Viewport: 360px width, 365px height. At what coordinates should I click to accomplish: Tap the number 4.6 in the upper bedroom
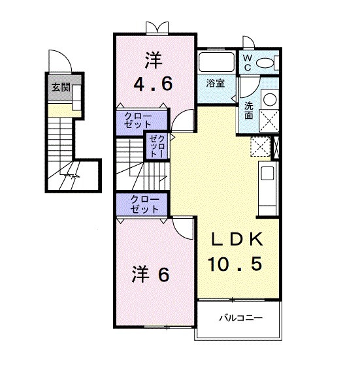click(154, 84)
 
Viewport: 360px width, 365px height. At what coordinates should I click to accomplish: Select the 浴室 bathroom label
click(216, 83)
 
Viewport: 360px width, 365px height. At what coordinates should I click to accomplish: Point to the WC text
click(248, 63)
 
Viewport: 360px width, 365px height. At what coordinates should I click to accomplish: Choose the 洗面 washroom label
click(250, 109)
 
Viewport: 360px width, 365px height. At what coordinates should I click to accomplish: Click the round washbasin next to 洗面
click(269, 99)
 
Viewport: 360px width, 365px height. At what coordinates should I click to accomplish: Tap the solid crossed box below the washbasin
click(269, 120)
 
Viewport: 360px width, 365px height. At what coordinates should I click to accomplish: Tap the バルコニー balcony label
click(240, 319)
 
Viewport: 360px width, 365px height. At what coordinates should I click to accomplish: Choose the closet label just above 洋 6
click(143, 204)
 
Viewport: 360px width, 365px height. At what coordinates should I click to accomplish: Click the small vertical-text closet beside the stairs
click(157, 147)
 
